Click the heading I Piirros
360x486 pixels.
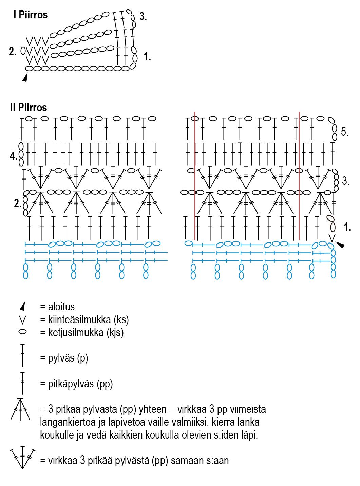pyautogui.click(x=31, y=15)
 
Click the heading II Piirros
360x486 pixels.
pyautogui.click(x=29, y=108)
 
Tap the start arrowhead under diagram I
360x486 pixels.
pyautogui.click(x=25, y=78)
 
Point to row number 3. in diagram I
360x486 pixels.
pyautogui.click(x=143, y=16)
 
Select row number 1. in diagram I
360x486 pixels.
pyautogui.click(x=147, y=57)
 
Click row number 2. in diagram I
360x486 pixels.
pyautogui.click(x=13, y=52)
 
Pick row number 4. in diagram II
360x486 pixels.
pyautogui.click(x=13, y=156)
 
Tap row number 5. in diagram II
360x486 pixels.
pyautogui.click(x=345, y=132)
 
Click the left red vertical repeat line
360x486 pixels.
pyautogui.click(x=195, y=176)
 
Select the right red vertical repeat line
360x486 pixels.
pyautogui.click(x=299, y=176)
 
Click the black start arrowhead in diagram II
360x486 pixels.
pyautogui.click(x=340, y=245)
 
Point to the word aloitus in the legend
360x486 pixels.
pyautogui.click(x=61, y=307)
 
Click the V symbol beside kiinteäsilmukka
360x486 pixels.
pyautogui.click(x=23, y=320)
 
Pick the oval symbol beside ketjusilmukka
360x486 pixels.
pyautogui.click(x=23, y=332)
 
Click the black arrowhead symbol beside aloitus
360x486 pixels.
pyautogui.click(x=23, y=307)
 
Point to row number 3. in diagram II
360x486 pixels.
pyautogui.click(x=345, y=181)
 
